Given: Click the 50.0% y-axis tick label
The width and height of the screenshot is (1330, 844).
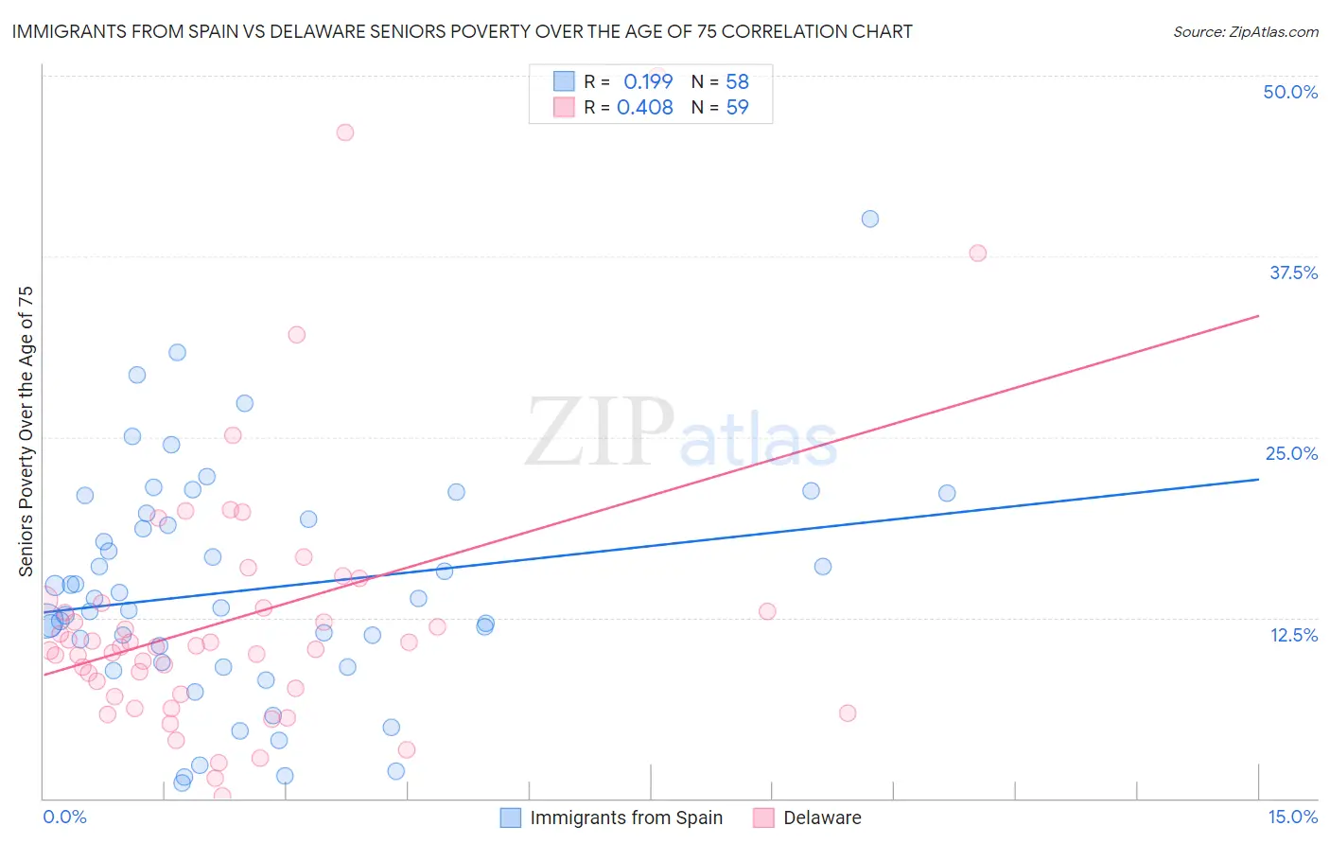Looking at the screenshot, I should pyautogui.click(x=1290, y=92).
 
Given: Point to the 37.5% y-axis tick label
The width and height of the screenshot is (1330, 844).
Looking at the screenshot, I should pyautogui.click(x=1293, y=273).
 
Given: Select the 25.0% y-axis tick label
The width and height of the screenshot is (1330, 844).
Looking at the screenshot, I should pyautogui.click(x=1291, y=453).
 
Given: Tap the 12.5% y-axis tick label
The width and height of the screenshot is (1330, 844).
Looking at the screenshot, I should pyautogui.click(x=1293, y=635).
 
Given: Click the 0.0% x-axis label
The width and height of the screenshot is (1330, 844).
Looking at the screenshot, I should pyautogui.click(x=64, y=817).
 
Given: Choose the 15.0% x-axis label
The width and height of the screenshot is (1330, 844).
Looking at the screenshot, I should pyautogui.click(x=1292, y=817).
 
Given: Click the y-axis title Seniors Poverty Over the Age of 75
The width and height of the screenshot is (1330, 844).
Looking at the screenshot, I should pyautogui.click(x=26, y=431).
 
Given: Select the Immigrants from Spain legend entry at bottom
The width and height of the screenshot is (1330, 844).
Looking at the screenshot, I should pyautogui.click(x=625, y=818).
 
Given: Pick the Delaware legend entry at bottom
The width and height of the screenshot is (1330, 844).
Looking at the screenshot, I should pyautogui.click(x=821, y=818).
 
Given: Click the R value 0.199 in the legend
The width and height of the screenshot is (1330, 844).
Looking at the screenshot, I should pyautogui.click(x=648, y=81).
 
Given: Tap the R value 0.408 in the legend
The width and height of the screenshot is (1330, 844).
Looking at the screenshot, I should pyautogui.click(x=644, y=107).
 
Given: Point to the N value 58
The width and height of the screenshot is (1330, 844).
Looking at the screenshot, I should pyautogui.click(x=737, y=81).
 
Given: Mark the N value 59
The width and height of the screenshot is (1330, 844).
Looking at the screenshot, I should pyautogui.click(x=737, y=107).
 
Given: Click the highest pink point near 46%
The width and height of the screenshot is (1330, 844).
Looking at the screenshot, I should pyautogui.click(x=345, y=132).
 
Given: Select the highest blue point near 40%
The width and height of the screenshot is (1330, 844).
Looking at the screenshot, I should pyautogui.click(x=870, y=219).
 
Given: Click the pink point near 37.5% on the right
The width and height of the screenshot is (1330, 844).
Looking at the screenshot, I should pyautogui.click(x=978, y=253).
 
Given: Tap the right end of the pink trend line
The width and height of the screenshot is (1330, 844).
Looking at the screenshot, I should pyautogui.click(x=1258, y=315).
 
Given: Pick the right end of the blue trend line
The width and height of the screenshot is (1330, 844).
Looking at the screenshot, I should pyautogui.click(x=1258, y=480).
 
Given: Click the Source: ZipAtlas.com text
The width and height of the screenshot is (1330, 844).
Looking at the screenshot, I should pyautogui.click(x=1245, y=32).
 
